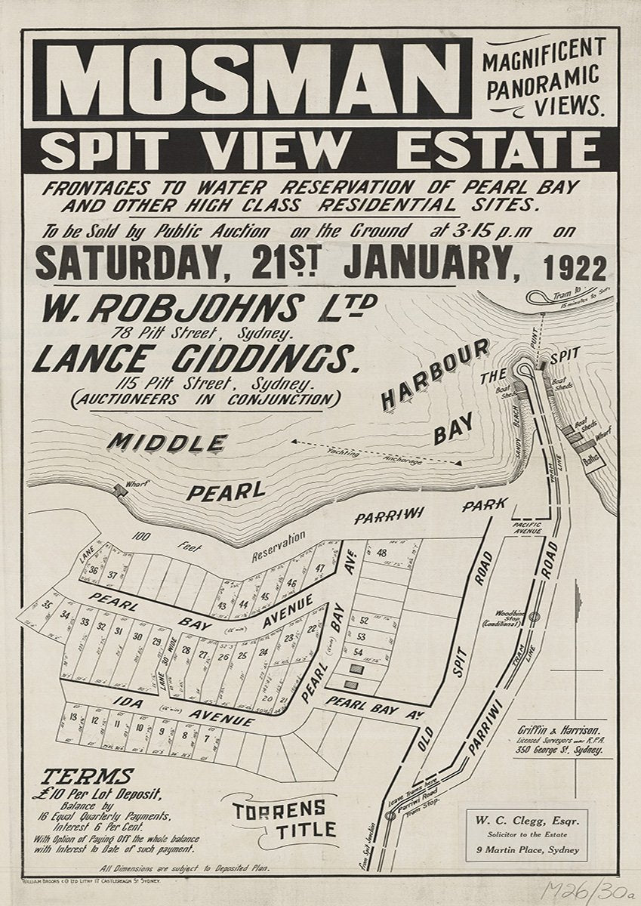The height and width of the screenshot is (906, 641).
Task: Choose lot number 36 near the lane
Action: tap(94, 571)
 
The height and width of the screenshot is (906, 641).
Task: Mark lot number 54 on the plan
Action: tap(360, 652)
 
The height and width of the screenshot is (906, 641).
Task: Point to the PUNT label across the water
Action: tap(534, 341)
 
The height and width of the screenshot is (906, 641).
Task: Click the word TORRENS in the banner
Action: tap(279, 809)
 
